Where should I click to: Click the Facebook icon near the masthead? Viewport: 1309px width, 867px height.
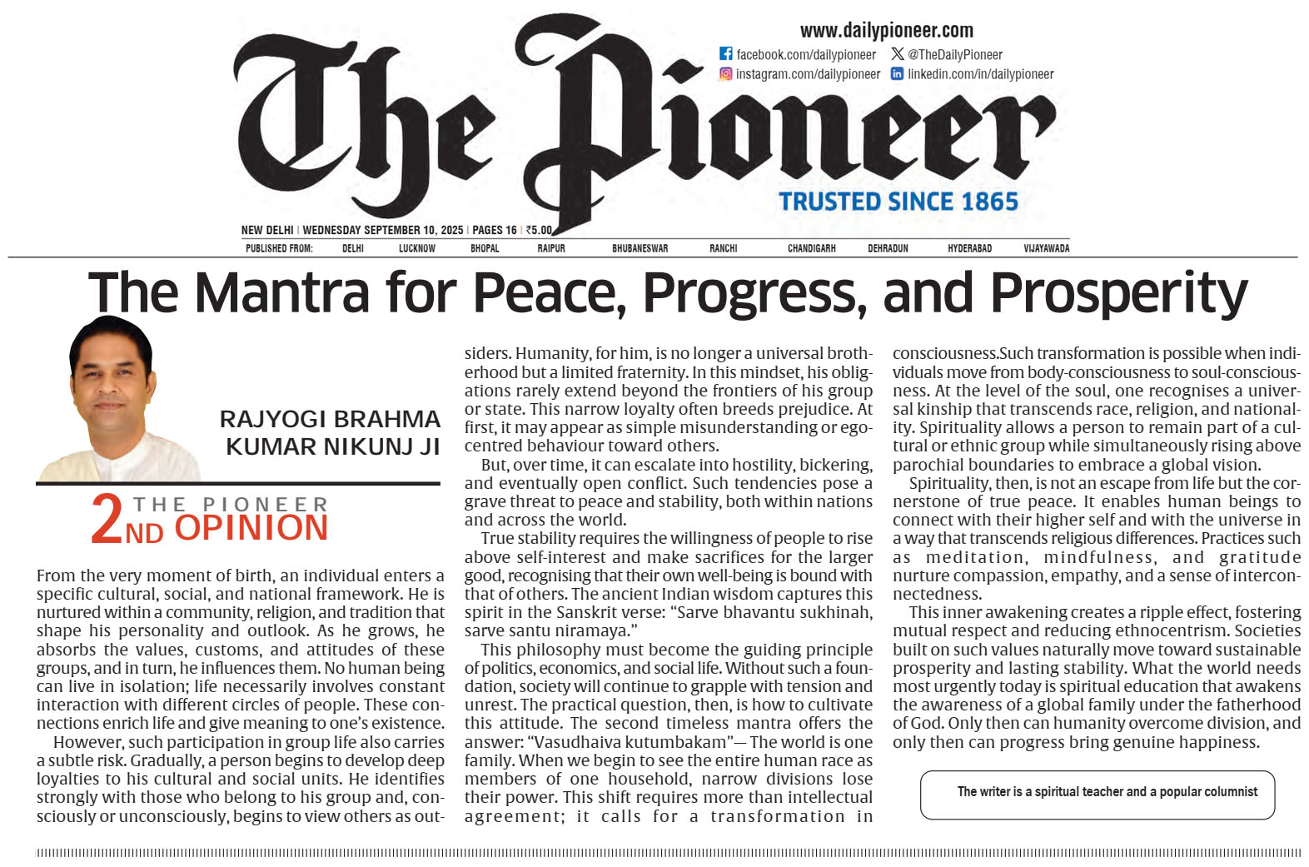point(725,53)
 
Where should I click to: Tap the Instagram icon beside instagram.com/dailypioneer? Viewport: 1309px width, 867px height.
point(725,73)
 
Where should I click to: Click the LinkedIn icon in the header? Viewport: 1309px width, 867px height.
point(897,73)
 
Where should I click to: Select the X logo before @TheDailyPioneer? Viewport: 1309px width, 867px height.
point(897,53)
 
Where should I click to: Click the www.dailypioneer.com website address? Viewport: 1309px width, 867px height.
point(886,31)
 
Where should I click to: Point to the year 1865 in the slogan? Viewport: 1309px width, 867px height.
point(989,202)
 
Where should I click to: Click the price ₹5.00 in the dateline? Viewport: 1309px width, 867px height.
point(540,230)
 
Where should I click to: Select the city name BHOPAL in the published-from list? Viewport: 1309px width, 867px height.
point(485,248)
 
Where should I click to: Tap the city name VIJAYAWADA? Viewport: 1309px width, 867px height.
point(1046,248)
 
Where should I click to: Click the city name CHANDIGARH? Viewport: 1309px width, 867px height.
point(811,248)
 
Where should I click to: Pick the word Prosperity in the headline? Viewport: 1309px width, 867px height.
point(1118,293)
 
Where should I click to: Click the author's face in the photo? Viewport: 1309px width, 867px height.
point(110,379)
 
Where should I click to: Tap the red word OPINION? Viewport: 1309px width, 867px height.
point(251,528)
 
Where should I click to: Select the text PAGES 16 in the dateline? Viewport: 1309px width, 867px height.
point(494,230)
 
